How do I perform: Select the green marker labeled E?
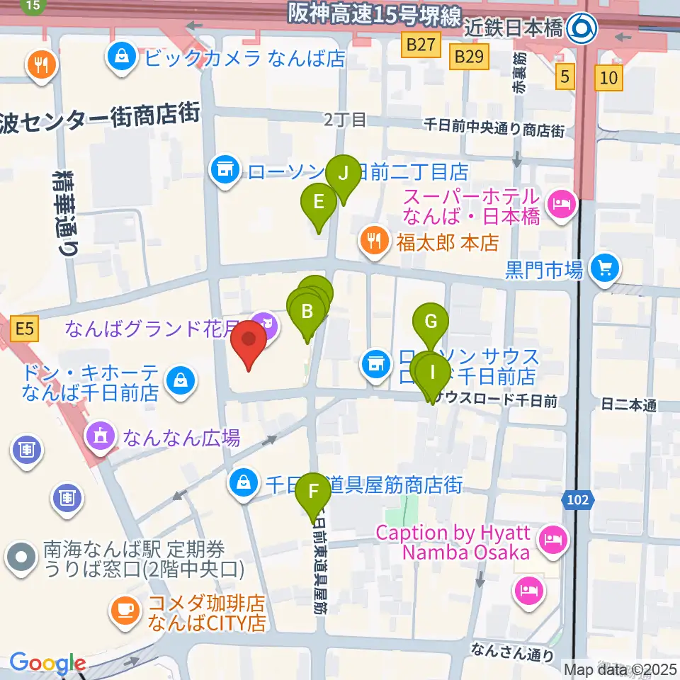319,203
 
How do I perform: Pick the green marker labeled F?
313,492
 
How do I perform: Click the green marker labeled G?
431,322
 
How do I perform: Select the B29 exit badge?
469,55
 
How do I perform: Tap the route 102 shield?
577,501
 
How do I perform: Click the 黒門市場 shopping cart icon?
604,267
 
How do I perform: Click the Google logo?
47,663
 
